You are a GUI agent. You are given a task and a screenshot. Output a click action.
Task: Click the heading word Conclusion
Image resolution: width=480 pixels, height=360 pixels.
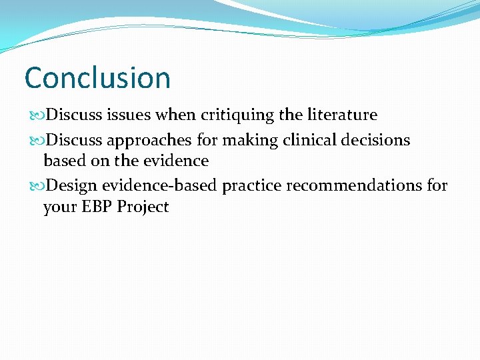97,78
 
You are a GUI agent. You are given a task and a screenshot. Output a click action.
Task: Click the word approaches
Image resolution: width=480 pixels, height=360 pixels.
141,141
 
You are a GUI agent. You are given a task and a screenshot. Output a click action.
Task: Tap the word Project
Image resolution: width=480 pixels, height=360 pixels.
143,207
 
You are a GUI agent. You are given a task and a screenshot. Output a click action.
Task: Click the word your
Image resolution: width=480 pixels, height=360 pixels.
59,207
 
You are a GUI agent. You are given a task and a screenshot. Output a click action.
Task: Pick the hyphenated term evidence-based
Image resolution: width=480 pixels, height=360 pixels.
159,185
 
